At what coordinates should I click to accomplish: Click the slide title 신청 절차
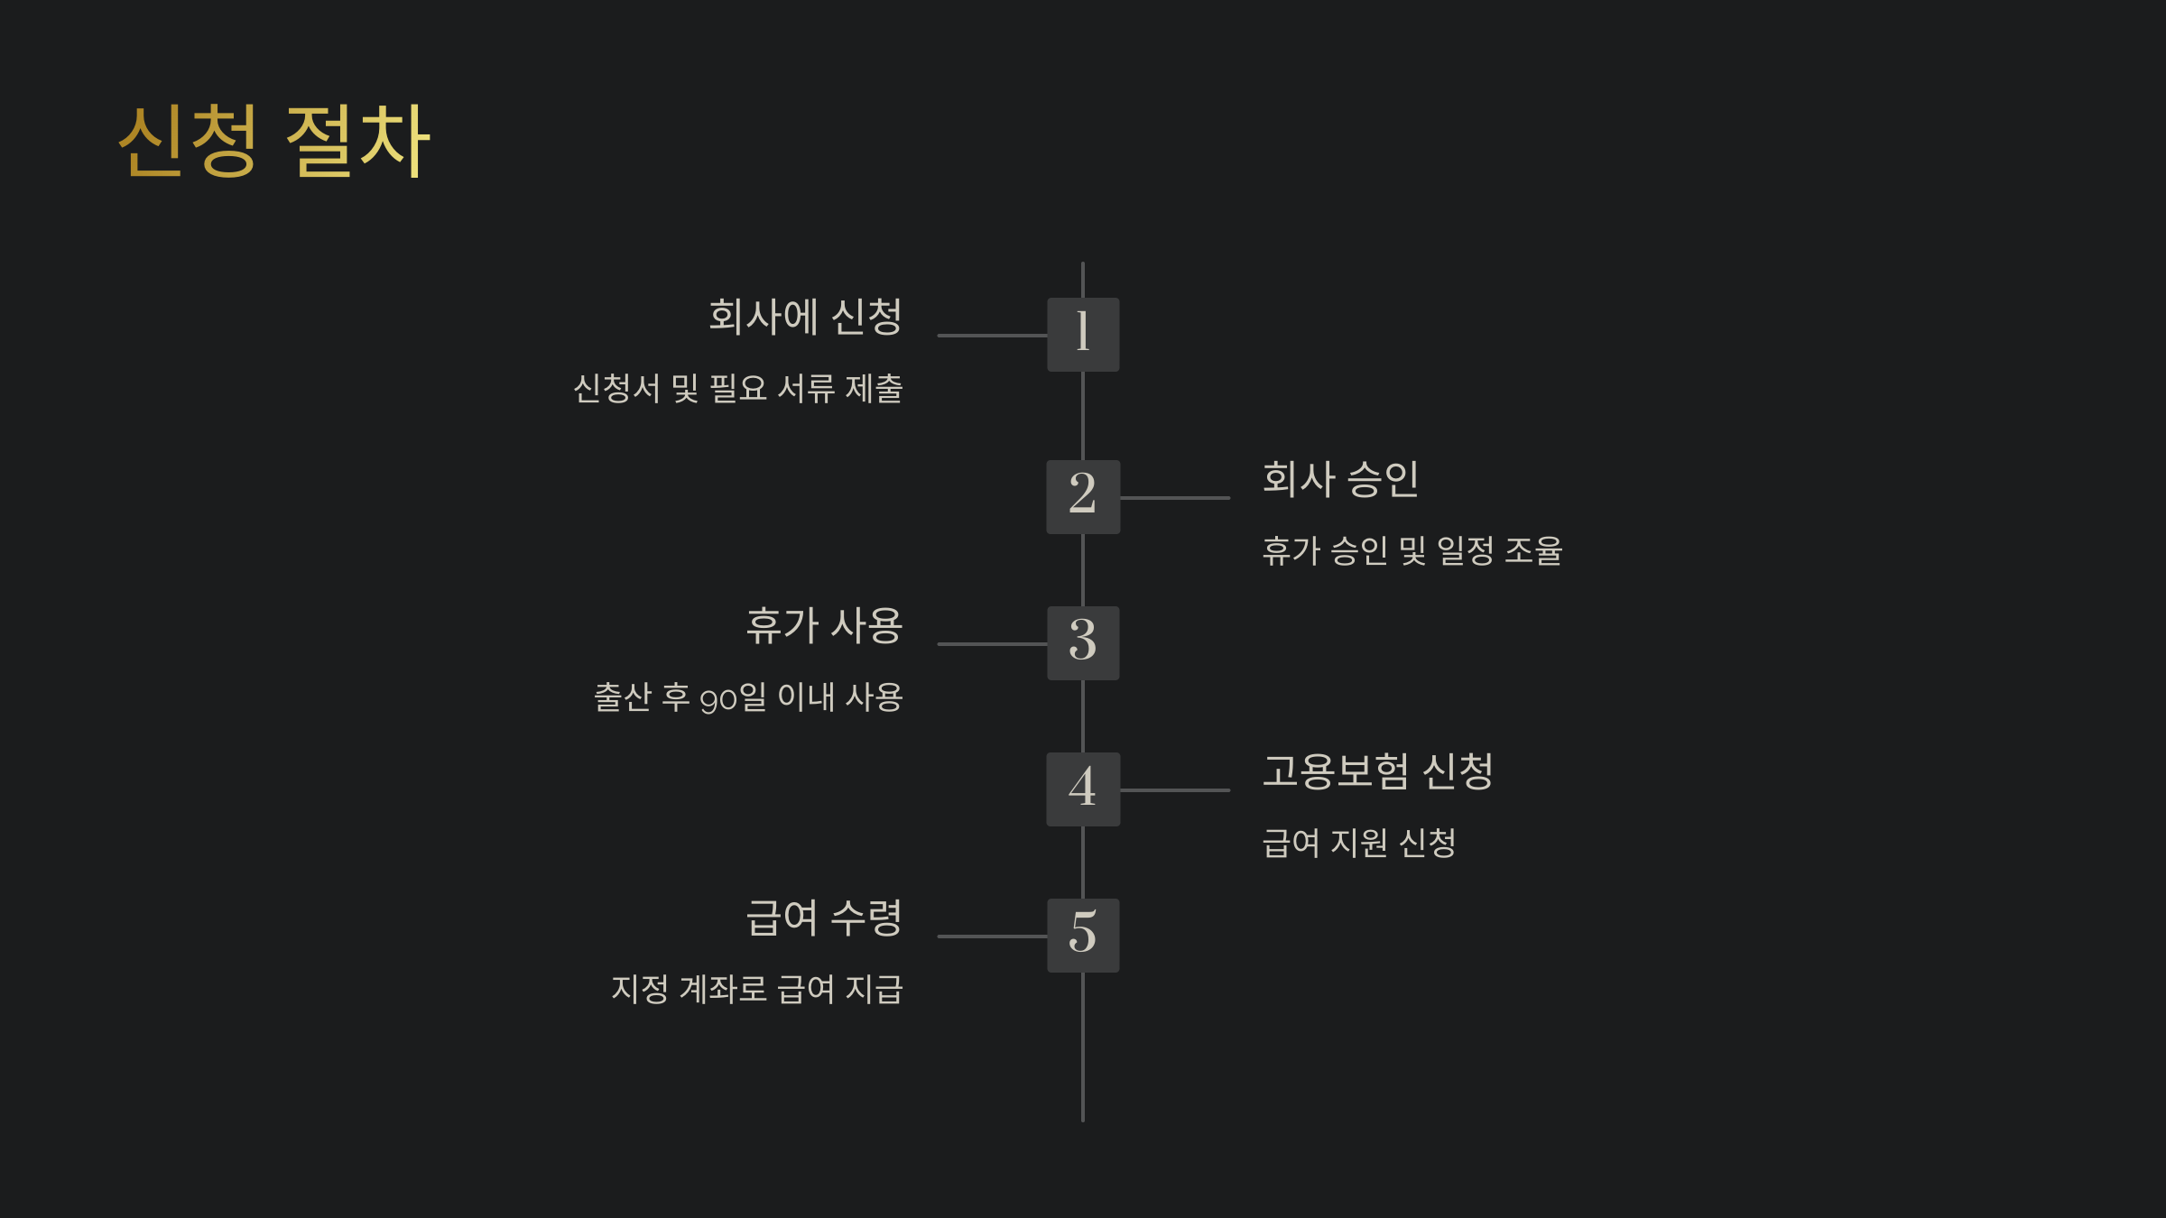click(x=274, y=141)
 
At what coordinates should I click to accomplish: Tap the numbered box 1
click(x=1083, y=335)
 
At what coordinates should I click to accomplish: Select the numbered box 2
click(x=1083, y=497)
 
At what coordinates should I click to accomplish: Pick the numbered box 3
click(x=1083, y=643)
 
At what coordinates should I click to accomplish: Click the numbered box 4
click(x=1083, y=789)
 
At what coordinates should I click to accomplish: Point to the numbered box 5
click(x=1083, y=936)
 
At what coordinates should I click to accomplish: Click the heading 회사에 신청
click(x=805, y=317)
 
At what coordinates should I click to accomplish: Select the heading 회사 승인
click(x=1340, y=479)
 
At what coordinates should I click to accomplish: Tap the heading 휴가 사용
click(x=824, y=626)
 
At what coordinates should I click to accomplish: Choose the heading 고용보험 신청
click(x=1377, y=771)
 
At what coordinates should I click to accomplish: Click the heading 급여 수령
click(x=824, y=918)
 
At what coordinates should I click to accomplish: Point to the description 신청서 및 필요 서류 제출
click(x=738, y=389)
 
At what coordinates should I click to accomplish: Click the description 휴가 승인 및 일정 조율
click(x=1412, y=551)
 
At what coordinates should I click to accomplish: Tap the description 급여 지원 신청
click(x=1358, y=844)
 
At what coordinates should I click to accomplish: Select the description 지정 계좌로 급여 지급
click(x=756, y=990)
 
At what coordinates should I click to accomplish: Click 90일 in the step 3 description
click(x=733, y=698)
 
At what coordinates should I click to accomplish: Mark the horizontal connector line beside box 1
click(x=992, y=336)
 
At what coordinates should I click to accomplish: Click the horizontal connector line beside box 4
click(x=1175, y=790)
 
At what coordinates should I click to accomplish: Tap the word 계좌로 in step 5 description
click(x=723, y=990)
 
